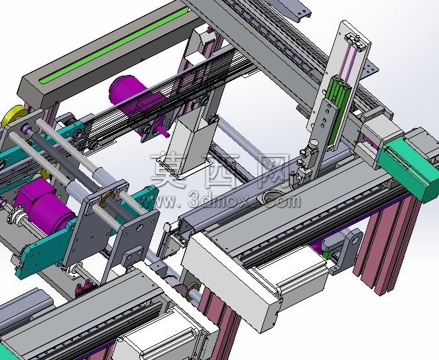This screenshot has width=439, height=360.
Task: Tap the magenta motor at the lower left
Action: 45,206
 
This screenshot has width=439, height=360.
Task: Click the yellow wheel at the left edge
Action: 13,115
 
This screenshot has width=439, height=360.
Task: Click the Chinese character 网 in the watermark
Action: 273,171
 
